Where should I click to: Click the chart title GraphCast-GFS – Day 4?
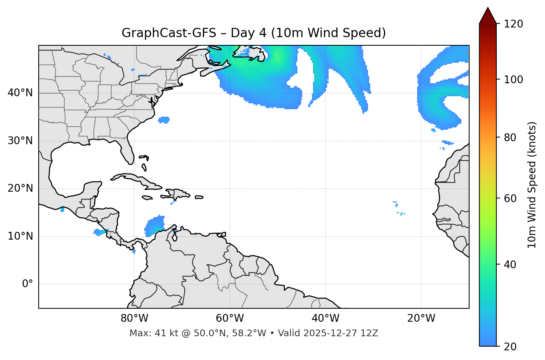coord(254,33)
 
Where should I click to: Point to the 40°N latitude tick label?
coord(20,93)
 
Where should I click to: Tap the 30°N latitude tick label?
coord(20,141)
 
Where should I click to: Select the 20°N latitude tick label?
coord(20,188)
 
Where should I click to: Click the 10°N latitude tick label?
coord(20,236)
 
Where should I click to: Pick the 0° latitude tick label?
coord(27,284)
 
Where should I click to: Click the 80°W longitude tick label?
coord(134,318)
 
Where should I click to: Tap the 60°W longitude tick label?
coord(230,318)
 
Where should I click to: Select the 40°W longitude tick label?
coord(325,318)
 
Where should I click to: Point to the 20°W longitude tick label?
coord(421,318)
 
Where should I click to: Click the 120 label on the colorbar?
coord(513,24)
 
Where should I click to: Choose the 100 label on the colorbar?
coord(513,80)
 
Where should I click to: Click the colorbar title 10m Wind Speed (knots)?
coord(532,185)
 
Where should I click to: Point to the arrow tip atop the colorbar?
coord(488,8)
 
